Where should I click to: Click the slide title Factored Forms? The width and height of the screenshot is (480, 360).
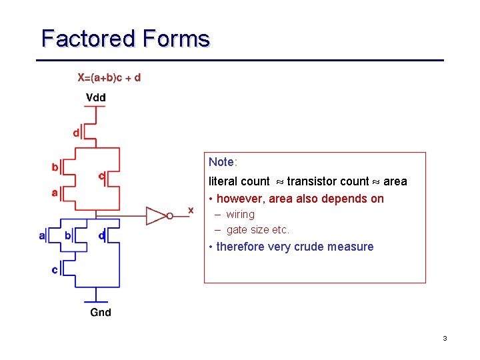pyautogui.click(x=125, y=39)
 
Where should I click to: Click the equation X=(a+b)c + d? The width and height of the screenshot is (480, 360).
pyautogui.click(x=109, y=78)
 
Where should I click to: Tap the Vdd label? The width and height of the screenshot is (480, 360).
pyautogui.click(x=96, y=97)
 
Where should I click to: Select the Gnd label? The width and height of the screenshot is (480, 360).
pyautogui.click(x=101, y=312)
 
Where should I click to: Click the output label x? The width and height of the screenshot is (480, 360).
pyautogui.click(x=191, y=210)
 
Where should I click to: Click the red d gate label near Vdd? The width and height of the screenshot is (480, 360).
pyautogui.click(x=76, y=133)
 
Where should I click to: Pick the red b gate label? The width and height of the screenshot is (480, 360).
pyautogui.click(x=55, y=167)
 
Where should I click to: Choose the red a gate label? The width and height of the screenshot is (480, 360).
pyautogui.click(x=55, y=193)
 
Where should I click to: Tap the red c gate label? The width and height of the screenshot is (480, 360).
pyautogui.click(x=101, y=177)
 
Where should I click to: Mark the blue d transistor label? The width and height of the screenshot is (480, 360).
pyautogui.click(x=101, y=235)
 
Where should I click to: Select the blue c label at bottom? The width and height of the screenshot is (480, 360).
pyautogui.click(x=55, y=270)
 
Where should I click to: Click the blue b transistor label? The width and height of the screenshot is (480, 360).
pyautogui.click(x=67, y=235)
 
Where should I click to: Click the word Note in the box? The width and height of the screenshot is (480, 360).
pyautogui.click(x=221, y=162)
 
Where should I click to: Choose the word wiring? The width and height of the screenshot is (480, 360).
pyautogui.click(x=240, y=214)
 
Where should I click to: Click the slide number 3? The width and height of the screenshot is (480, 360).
pyautogui.click(x=445, y=339)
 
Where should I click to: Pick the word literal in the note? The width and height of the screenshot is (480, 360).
pyautogui.click(x=223, y=181)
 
